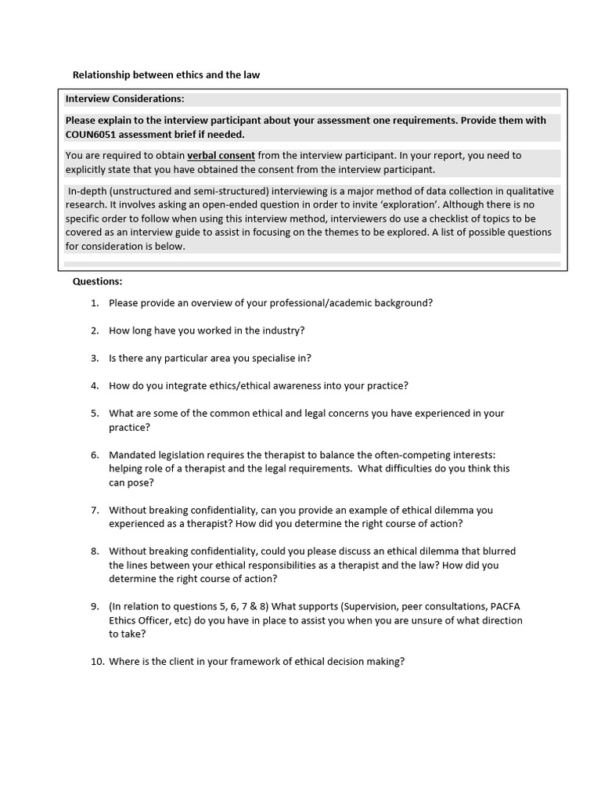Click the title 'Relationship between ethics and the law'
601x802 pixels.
coord(166,75)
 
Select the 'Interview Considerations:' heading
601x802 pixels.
coord(124,99)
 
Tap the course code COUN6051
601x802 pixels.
coord(92,134)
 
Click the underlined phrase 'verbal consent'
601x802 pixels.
coord(221,155)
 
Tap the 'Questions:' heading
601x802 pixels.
coord(97,281)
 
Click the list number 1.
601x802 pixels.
coord(94,303)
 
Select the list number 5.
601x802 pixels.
coord(94,414)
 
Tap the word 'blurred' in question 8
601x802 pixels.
coord(498,551)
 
